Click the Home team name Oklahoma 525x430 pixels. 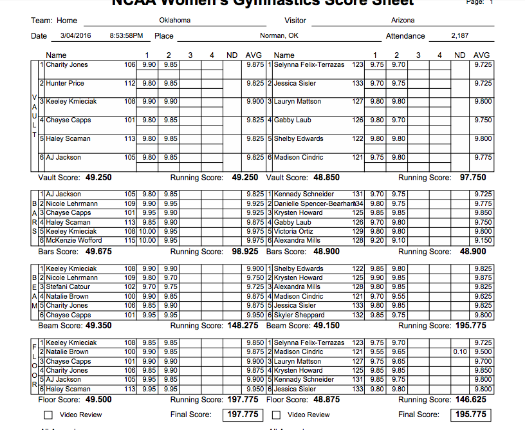coord(175,21)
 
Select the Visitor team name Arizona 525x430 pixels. coord(403,21)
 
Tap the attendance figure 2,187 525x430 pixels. coord(460,36)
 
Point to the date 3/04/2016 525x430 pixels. coord(77,36)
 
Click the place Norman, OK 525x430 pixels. coord(279,36)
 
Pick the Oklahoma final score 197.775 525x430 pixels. coord(242,415)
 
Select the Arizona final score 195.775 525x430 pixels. coord(470,415)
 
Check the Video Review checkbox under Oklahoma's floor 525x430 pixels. coord(48,415)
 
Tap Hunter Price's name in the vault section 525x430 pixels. coord(65,84)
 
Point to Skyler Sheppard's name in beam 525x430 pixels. coord(299,315)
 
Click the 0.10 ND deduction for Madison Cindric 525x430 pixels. coord(459,352)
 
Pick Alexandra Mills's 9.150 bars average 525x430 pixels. coord(483,241)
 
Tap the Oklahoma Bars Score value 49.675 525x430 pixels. coord(99,251)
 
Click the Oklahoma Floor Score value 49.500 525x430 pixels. coord(98,400)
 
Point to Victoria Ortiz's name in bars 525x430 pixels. coord(293,231)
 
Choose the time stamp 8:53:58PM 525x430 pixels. coord(127,36)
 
